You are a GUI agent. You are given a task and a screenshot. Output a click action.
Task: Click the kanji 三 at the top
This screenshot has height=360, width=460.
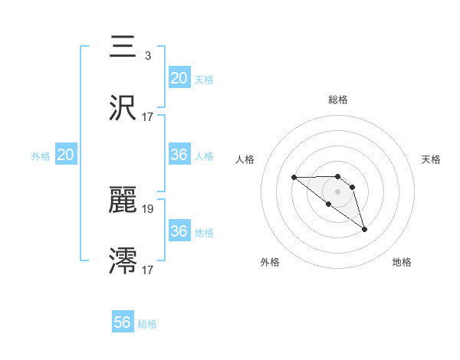[123, 47]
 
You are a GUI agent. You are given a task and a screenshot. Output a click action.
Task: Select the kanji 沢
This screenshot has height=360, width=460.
[123, 108]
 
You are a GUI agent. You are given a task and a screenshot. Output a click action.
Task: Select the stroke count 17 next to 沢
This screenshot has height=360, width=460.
[148, 117]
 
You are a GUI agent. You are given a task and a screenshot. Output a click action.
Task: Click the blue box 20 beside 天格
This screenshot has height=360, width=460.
[179, 77]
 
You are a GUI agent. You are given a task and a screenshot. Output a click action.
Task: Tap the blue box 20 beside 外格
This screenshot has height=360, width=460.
[66, 155]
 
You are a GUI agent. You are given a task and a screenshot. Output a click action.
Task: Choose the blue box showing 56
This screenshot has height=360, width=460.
[123, 322]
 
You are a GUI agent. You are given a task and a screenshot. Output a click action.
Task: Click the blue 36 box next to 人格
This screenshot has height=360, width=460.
[179, 155]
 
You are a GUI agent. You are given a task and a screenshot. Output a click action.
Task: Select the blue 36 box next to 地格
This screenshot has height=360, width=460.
[179, 231]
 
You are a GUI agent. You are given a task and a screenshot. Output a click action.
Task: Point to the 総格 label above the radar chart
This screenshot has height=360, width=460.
[338, 100]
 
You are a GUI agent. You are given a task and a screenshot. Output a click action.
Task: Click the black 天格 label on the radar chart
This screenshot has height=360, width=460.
[432, 159]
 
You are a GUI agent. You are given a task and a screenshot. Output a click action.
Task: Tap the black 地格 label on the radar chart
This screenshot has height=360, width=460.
[402, 262]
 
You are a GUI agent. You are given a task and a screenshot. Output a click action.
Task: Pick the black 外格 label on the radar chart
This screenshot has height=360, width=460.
[270, 262]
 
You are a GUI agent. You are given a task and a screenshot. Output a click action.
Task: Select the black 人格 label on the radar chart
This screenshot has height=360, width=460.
[245, 159]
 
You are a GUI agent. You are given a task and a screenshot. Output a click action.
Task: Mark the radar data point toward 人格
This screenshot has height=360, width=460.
[294, 177]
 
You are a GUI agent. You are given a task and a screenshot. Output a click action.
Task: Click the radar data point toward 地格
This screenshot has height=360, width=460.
[364, 229]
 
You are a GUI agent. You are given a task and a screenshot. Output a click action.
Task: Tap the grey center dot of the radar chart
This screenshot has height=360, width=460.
[337, 191]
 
